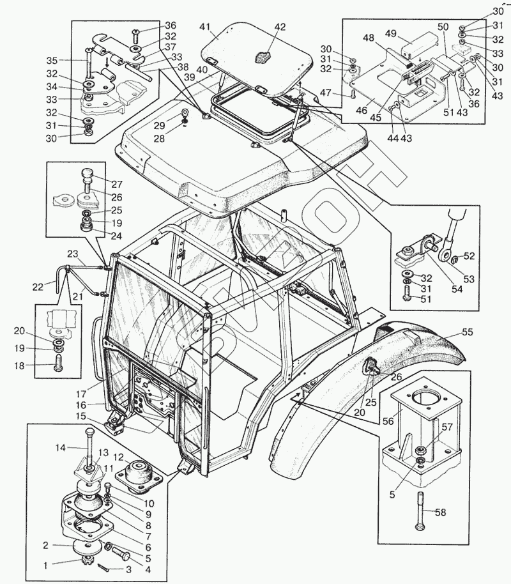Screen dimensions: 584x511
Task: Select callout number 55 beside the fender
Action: coord(468,332)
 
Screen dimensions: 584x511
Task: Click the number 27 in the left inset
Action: coord(117,183)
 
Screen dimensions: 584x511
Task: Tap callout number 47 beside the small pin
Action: coord(326,93)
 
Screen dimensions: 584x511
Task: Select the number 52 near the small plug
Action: coord(469,256)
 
